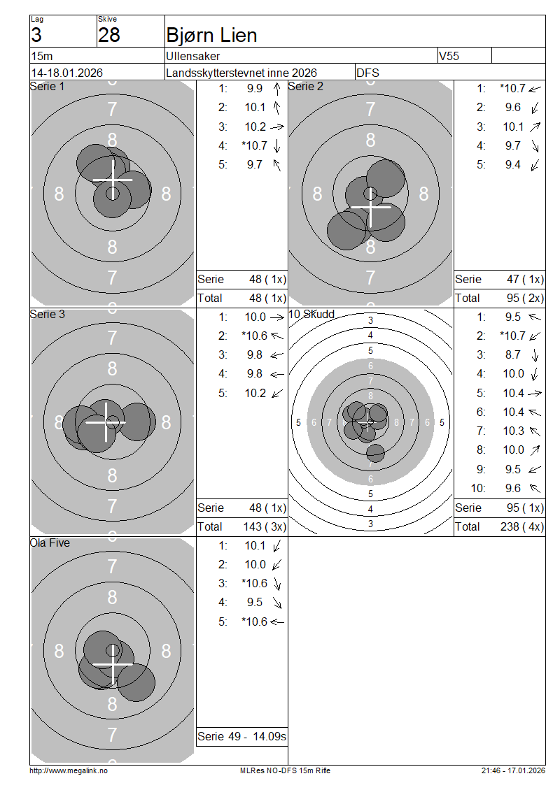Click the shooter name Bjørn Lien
click(x=211, y=35)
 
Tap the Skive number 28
click(x=109, y=35)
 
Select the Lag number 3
click(x=36, y=35)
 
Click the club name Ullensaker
click(x=192, y=56)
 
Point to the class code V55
click(x=449, y=56)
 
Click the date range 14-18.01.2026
click(x=67, y=73)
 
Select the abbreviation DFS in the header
click(x=367, y=73)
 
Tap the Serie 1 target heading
click(x=47, y=86)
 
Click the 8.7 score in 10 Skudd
click(x=513, y=354)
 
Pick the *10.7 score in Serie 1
click(x=254, y=145)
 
